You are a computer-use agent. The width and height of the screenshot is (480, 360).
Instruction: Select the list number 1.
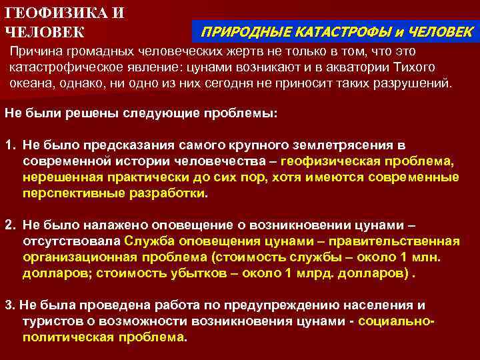coord(9,145)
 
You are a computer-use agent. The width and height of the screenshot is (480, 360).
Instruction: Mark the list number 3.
coord(9,305)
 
